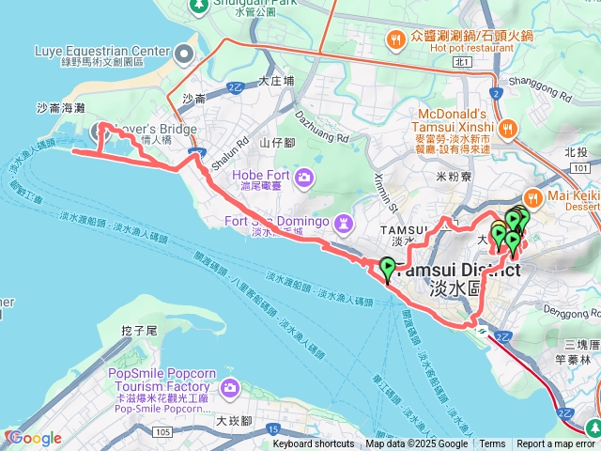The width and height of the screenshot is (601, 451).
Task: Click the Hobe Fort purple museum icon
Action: (303, 176)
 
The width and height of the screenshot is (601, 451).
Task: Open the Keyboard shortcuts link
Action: (313, 444)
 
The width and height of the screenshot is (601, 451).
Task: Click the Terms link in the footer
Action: (492, 444)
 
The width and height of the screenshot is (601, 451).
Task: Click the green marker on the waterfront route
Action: (387, 268)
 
